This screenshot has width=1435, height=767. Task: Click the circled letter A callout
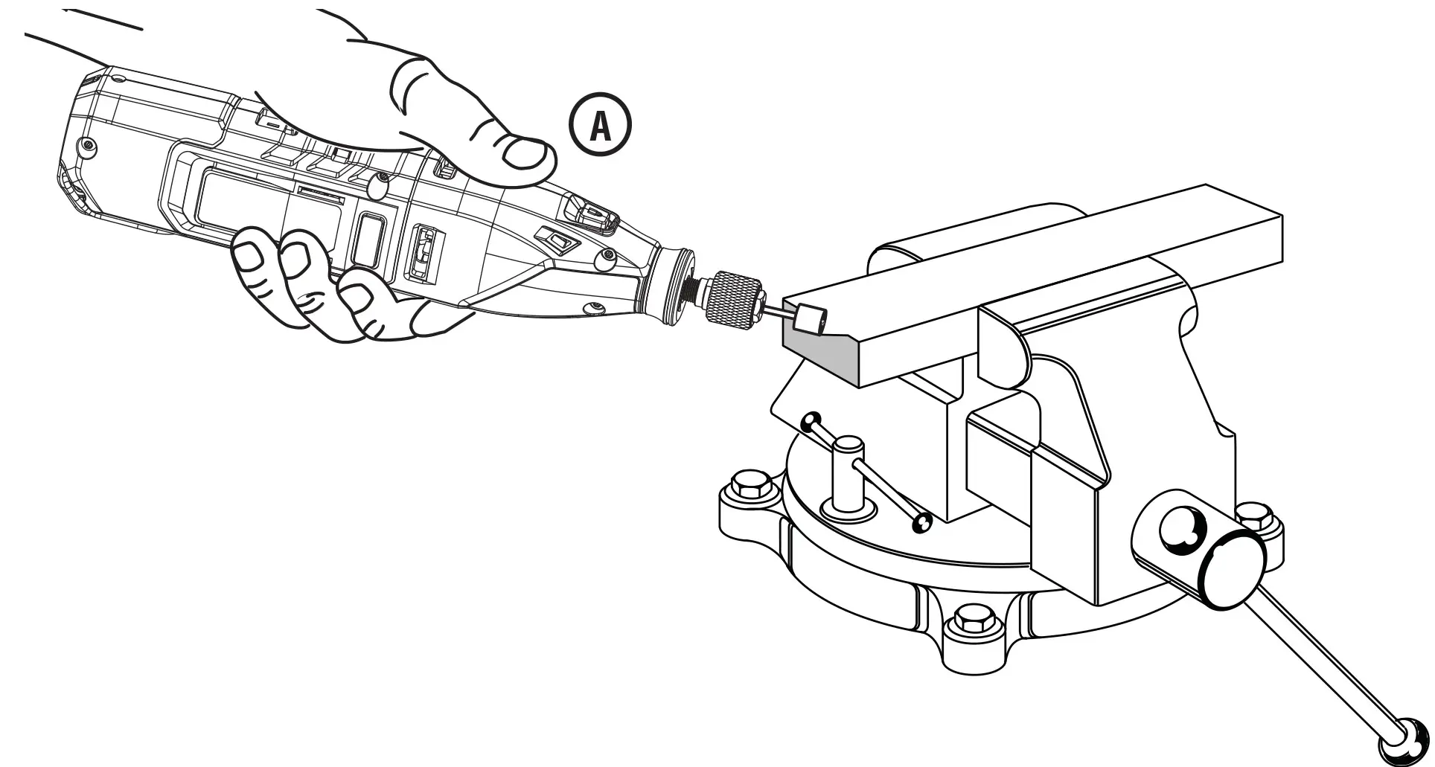[600, 127]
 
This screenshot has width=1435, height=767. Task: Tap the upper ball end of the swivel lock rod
[811, 422]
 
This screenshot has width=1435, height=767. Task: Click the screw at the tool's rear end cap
[89, 144]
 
